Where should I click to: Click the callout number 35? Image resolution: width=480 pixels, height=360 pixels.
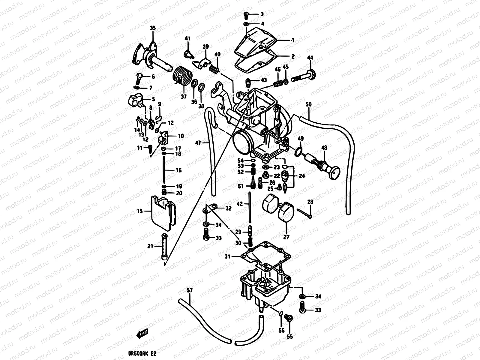click(x=153, y=28)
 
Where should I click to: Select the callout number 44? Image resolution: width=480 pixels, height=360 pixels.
click(x=310, y=57)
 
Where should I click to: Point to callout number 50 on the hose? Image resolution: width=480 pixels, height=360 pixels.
click(x=308, y=104)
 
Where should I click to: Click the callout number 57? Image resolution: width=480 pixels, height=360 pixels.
click(x=189, y=290)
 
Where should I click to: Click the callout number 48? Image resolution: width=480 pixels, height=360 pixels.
click(x=324, y=148)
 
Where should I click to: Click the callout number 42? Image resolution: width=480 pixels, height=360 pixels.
click(x=239, y=204)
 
